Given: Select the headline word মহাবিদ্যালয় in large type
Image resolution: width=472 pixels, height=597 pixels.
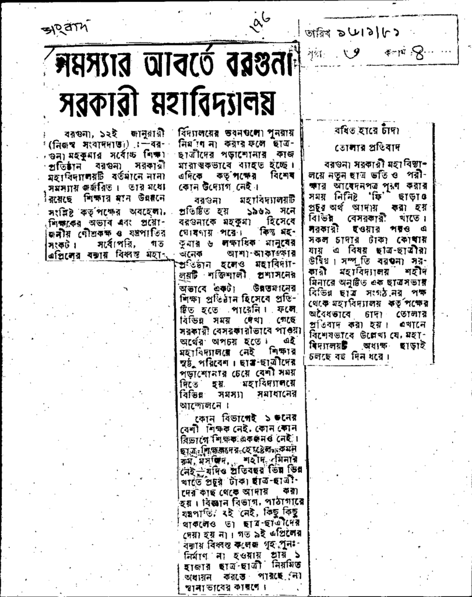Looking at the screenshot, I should [x=220, y=103].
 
